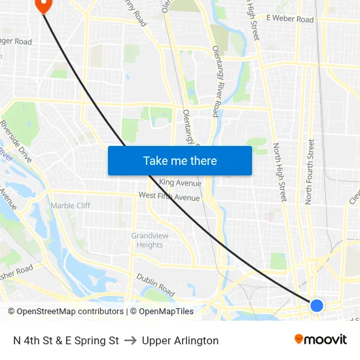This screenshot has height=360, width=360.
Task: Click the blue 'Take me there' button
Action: pyautogui.click(x=179, y=160)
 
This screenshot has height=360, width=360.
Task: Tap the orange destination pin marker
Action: pyautogui.click(x=43, y=5)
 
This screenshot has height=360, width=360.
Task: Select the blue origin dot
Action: pyautogui.click(x=316, y=305)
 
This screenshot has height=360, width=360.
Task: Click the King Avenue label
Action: pyautogui.click(x=180, y=183)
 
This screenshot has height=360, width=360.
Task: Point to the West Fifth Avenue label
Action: pyautogui.click(x=169, y=196)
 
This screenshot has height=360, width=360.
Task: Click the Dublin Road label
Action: pyautogui.click(x=156, y=285)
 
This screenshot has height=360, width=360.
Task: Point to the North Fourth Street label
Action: pyautogui.click(x=310, y=171)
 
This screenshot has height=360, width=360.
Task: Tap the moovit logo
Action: pyautogui.click(x=321, y=340)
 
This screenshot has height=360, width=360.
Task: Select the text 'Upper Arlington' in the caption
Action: pyautogui.click(x=180, y=340)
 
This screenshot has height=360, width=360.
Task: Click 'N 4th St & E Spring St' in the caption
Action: pyautogui.click(x=66, y=340)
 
